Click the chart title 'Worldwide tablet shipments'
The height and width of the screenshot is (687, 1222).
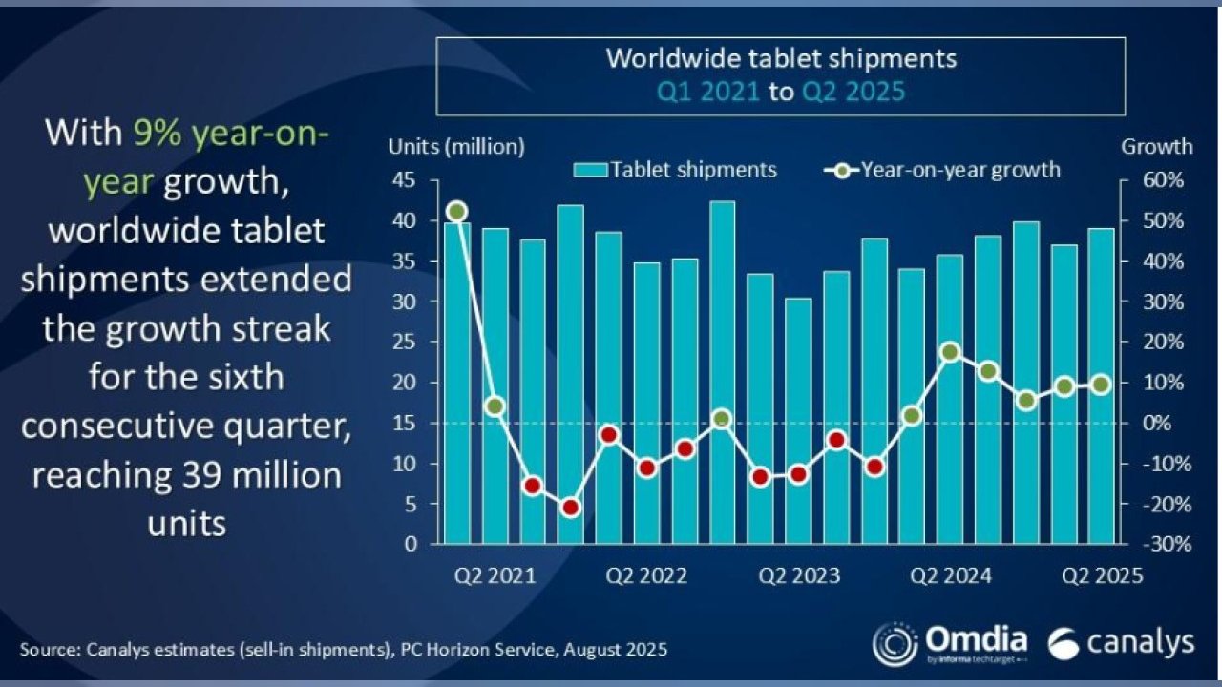780,58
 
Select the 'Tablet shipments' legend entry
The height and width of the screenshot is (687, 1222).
675,170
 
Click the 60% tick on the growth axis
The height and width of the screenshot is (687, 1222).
1164,180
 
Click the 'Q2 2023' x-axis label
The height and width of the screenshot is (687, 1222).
799,575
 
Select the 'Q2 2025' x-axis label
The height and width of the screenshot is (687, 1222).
1103,575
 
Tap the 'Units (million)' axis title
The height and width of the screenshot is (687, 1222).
455,147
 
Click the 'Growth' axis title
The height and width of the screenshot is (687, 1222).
1156,147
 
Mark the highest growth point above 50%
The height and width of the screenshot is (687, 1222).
457,211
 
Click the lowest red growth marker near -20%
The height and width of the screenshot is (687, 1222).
571,508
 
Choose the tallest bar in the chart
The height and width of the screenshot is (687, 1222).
723,372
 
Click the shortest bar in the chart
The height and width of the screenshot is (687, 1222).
798,421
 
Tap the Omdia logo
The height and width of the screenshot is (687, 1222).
950,642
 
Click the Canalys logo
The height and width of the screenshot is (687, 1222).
1120,643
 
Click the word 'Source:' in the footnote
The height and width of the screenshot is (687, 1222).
51,649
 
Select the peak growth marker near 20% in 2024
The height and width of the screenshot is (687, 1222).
950,352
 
